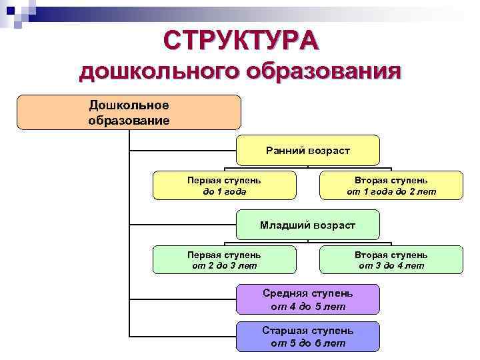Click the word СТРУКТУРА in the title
coord(241,41)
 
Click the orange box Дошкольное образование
coord(129,112)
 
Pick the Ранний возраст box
coord(307,151)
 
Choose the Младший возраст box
coord(307,225)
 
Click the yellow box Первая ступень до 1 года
coord(224,185)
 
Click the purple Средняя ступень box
coord(307,299)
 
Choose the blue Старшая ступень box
coord(307,337)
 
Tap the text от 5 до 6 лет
coord(307,343)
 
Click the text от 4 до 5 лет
coord(307,307)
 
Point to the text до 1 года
coord(224,191)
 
